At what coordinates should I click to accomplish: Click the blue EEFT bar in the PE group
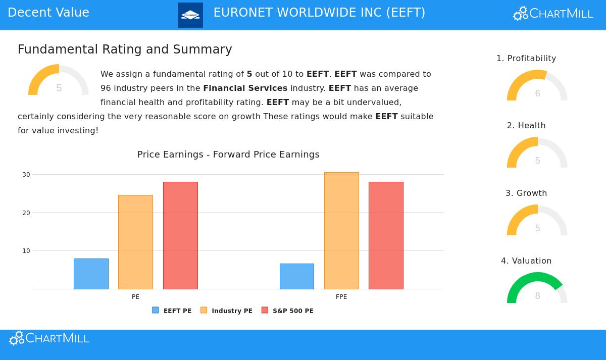[91, 274]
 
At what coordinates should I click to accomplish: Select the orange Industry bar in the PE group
[135, 242]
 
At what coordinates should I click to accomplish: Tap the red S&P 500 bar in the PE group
[180, 235]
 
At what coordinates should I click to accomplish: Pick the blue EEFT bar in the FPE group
[297, 276]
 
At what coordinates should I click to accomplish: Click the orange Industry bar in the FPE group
[341, 231]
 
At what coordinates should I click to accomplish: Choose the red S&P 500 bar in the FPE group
[386, 235]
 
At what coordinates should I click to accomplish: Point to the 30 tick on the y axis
[26, 175]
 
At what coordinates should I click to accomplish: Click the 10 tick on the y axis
[26, 251]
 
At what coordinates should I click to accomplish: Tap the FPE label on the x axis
[341, 297]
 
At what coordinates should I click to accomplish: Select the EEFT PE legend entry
[172, 311]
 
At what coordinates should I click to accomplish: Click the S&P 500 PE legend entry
[287, 311]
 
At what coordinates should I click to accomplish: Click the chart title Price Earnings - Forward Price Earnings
[228, 155]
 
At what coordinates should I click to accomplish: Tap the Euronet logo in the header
[190, 15]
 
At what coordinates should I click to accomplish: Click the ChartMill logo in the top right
[553, 14]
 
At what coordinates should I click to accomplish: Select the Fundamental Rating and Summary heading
[125, 49]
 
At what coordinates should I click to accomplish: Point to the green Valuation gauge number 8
[537, 296]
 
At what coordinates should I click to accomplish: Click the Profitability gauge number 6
[537, 93]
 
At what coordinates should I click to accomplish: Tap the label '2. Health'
[526, 126]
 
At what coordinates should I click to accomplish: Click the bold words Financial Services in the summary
[245, 88]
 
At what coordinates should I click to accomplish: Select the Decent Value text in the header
[48, 13]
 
